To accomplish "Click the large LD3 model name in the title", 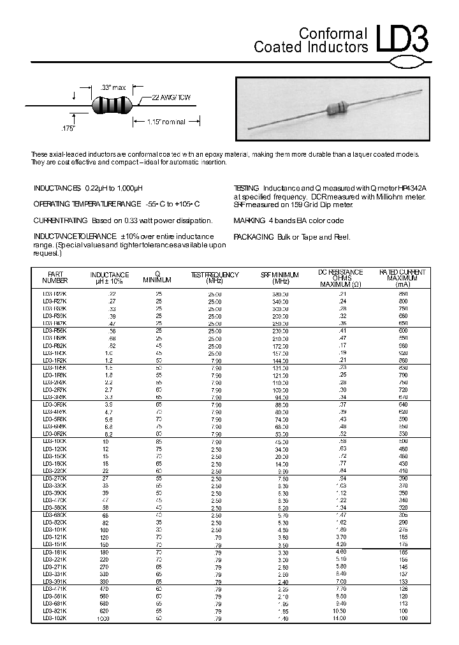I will [402, 40].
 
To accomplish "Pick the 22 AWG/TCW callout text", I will [171, 98].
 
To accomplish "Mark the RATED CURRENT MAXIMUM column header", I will [402, 277].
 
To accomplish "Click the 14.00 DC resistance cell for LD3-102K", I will [339, 618].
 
